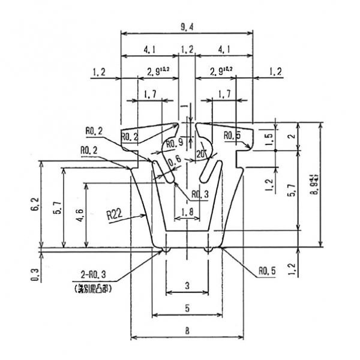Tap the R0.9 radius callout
coord(173,143)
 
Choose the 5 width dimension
coord(187,308)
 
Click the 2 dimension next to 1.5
coord(292,136)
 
